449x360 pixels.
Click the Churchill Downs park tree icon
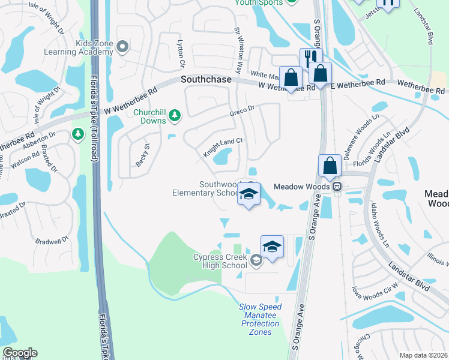tap(174, 115)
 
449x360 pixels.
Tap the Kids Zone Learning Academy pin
tap(123, 46)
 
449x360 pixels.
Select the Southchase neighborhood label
tap(206, 79)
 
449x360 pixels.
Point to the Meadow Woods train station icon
tap(338, 187)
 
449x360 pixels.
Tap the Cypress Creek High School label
tap(220, 261)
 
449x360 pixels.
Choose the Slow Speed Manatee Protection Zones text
tap(261, 319)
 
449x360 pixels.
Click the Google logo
tap(19, 353)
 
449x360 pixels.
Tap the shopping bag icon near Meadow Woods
tap(330, 165)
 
